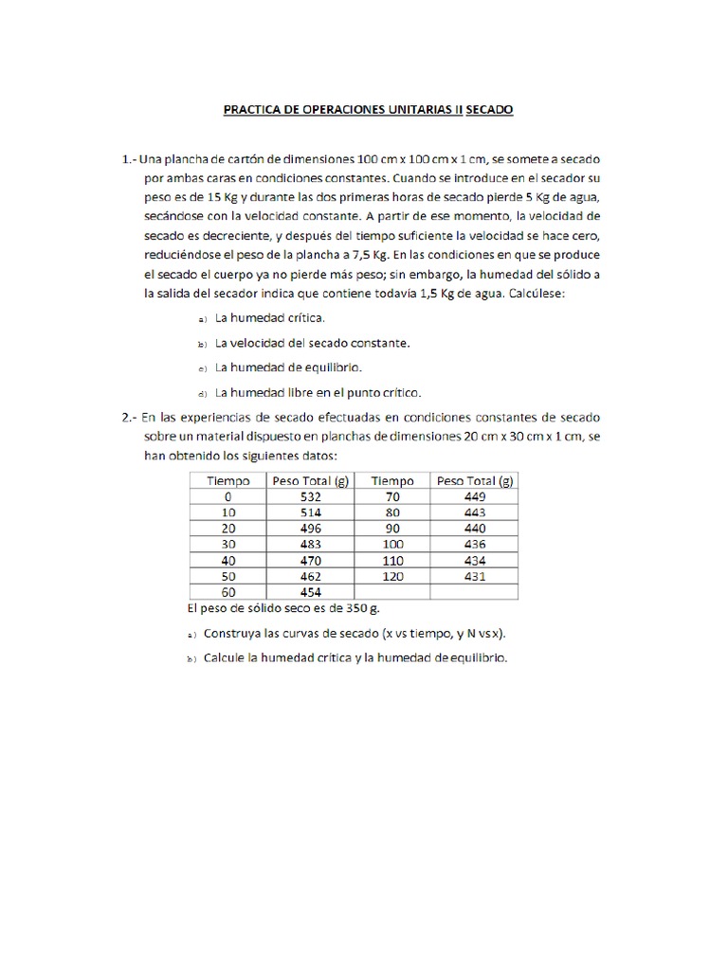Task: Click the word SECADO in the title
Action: click(488, 110)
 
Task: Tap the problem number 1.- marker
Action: click(131, 158)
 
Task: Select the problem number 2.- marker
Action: click(131, 417)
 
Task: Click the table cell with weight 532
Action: click(310, 496)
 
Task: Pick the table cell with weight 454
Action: click(310, 592)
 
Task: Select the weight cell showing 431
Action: click(475, 576)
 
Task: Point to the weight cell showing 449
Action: click(475, 496)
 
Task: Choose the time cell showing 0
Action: click(227, 496)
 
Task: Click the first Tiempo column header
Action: click(227, 480)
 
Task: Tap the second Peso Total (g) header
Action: click(475, 480)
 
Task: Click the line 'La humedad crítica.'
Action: click(270, 318)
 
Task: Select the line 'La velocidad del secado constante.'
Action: click(312, 343)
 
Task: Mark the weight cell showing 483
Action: click(310, 544)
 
